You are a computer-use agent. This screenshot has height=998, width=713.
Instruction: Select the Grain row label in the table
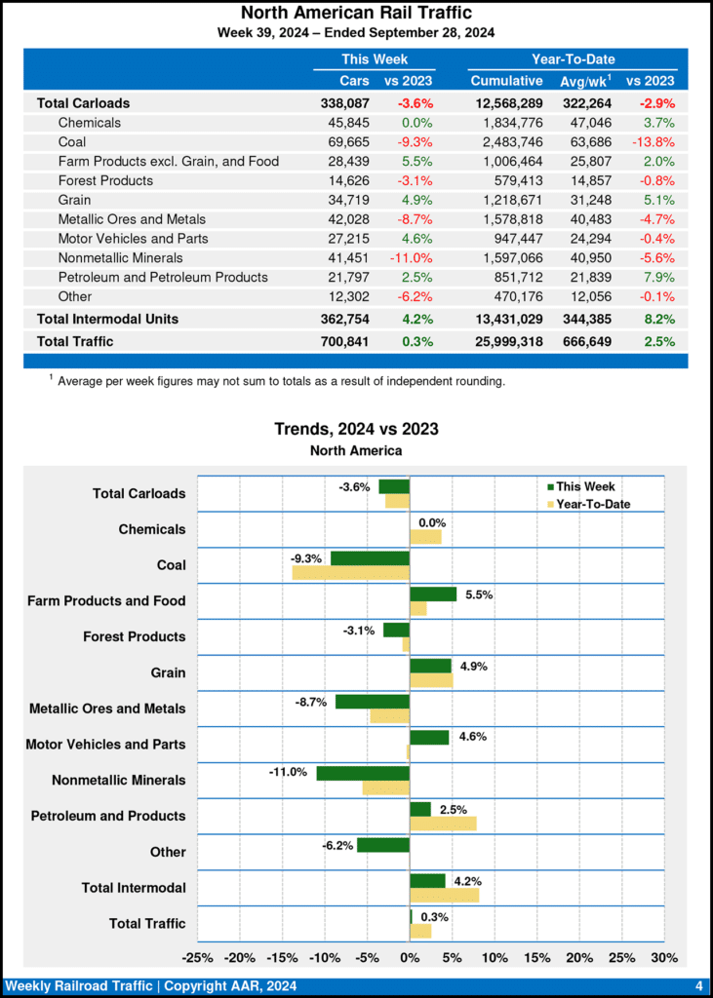coord(77,200)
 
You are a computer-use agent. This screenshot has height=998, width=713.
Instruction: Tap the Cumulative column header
coord(506,80)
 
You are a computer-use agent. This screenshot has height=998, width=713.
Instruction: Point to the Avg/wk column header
coord(583,80)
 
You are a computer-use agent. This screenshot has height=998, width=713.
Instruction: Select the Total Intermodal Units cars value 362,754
coord(344,319)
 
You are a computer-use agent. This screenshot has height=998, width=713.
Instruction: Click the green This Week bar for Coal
coord(370,558)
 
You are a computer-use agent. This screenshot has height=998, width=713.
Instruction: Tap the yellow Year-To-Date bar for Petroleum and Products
coord(443,824)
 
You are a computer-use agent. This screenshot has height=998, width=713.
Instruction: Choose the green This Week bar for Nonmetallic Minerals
coord(363,774)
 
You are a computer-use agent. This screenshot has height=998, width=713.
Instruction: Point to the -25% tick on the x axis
coord(198,956)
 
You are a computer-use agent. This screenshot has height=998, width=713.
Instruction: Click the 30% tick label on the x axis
coord(664,956)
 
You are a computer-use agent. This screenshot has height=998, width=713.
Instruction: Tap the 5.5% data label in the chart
coord(478,594)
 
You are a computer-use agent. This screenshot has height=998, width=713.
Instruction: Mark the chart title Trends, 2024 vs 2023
coord(356,429)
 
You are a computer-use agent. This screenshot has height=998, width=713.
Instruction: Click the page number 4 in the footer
coord(698,985)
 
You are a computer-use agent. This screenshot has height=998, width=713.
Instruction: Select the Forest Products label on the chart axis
coord(134,636)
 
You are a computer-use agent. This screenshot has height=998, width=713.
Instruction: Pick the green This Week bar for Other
coord(383,845)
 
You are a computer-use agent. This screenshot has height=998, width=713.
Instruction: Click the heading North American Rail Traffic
coord(356,13)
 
